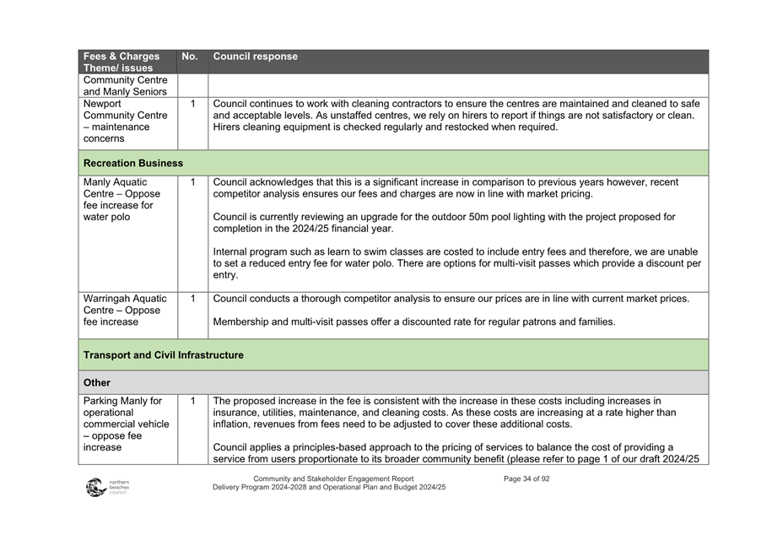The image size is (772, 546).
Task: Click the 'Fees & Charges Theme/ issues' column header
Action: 121,62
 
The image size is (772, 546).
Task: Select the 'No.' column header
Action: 190,57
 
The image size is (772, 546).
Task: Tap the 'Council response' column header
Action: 256,57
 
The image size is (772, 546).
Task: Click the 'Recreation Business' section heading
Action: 133,163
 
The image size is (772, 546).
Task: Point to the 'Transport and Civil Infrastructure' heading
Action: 164,355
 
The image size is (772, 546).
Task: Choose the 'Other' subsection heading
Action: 97,382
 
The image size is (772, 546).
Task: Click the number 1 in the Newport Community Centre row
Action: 193,104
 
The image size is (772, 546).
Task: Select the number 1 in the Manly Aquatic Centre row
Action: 193,181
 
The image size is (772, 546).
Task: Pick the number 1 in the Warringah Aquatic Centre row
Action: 193,298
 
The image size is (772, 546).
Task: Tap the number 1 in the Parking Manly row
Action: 193,401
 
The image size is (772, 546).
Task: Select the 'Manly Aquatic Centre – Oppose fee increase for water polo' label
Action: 122,199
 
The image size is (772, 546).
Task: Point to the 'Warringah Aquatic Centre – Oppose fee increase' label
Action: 125,310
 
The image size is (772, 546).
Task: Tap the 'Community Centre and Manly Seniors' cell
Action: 125,86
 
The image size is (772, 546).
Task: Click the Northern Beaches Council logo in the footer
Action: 106,487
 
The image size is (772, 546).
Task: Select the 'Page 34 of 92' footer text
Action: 526,478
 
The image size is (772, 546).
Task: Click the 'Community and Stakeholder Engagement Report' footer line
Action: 333,478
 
